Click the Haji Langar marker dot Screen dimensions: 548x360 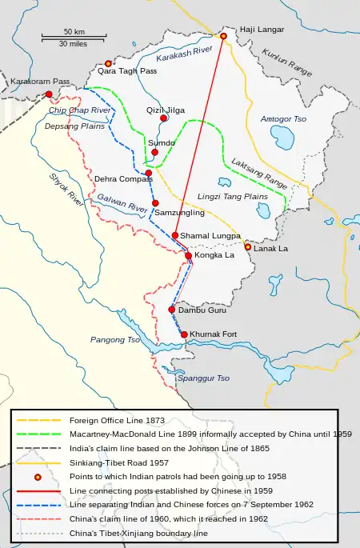tap(224, 35)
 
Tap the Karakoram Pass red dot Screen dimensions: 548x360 tap(50, 94)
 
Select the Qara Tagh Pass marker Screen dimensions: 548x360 tap(108, 63)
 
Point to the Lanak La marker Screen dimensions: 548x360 tap(248, 247)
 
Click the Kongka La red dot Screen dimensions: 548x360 tap(188, 255)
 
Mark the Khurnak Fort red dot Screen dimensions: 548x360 tap(184, 334)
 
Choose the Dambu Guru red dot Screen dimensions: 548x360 tap(171, 309)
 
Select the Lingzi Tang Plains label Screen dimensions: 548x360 tap(232, 196)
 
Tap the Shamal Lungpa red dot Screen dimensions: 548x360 tap(175, 235)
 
